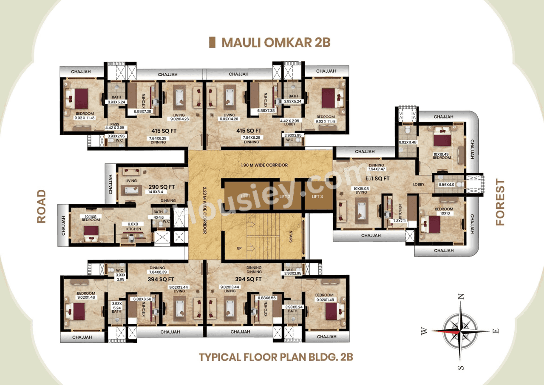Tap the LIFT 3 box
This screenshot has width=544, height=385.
coord(317,196)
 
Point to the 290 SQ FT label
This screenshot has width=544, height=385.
coord(161,187)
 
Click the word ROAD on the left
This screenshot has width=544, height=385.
coord(41,206)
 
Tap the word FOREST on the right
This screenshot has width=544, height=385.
coord(500,202)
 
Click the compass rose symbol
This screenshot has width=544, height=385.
coord(461,331)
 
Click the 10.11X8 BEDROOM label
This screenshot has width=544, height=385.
coord(91,218)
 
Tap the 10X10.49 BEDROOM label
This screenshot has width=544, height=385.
coord(442,156)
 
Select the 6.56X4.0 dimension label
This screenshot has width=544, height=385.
coord(446,185)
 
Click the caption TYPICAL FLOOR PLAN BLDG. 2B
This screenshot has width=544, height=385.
coord(276,356)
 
